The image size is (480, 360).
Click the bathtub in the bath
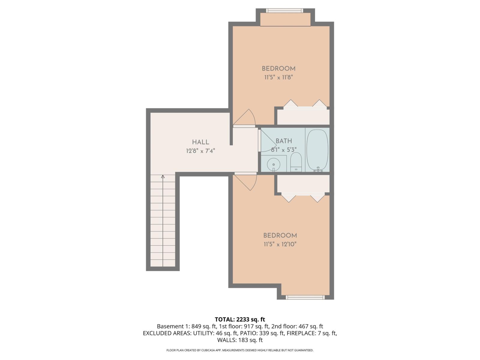coord(317,150)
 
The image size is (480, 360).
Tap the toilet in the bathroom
coord(296,162)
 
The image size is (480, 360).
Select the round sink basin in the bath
coord(274,164)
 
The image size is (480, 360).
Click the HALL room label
coord(201,142)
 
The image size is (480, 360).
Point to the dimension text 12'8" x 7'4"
coord(201,151)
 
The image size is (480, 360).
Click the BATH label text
coord(284,141)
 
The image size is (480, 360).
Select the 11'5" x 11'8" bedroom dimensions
coord(278,77)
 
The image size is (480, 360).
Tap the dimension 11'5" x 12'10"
coord(280,244)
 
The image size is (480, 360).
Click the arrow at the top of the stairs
coord(163,177)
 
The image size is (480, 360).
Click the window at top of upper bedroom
coord(284,10)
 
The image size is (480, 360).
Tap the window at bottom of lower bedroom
coord(305,297)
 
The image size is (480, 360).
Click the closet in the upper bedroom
coord(303,117)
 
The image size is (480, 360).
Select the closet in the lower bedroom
coord(303,184)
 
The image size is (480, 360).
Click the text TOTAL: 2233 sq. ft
coord(240,319)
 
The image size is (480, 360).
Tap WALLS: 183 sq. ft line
coord(240,340)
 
